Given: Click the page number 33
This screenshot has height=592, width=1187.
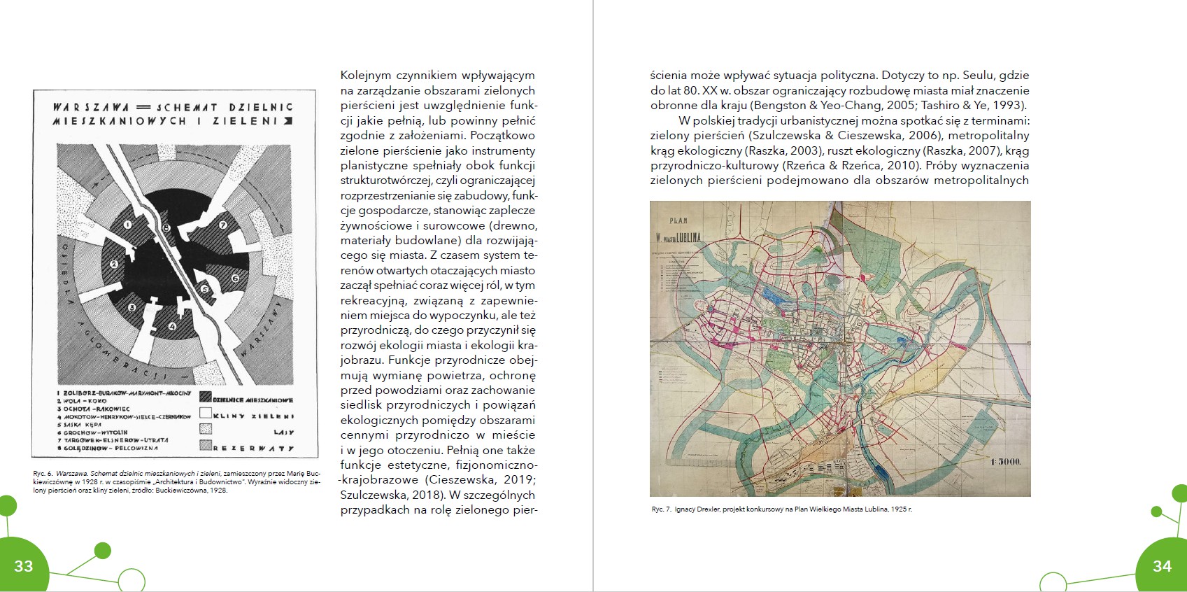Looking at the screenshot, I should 23,566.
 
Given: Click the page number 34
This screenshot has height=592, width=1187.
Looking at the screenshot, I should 1162,566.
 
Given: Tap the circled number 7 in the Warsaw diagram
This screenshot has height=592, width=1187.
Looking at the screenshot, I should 223,225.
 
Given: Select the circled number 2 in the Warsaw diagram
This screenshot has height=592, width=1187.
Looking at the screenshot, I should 113,265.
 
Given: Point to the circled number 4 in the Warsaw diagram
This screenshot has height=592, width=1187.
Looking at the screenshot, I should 172,325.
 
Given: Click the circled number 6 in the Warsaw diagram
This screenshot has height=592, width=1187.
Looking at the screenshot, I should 235,279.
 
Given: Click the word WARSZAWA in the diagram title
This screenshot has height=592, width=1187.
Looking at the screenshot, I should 91,107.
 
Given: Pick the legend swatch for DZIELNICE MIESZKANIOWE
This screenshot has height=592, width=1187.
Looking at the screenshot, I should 206,397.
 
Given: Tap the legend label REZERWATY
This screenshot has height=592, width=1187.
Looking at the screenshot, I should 253,448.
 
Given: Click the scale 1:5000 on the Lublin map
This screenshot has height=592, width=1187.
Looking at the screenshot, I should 1005,462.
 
